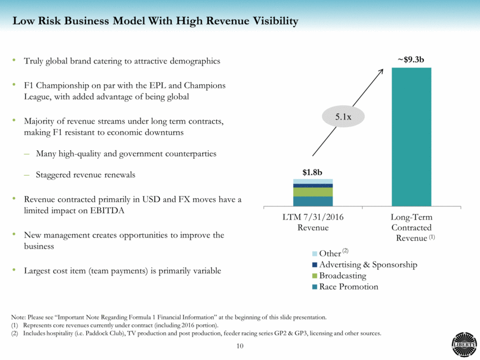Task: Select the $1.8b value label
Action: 313,172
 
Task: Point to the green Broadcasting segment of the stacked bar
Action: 313,192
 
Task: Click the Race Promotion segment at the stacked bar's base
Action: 313,201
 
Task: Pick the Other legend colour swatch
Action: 315,253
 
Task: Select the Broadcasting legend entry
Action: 342,276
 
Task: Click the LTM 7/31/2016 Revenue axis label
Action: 313,222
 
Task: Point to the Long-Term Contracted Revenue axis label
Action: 411,227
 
